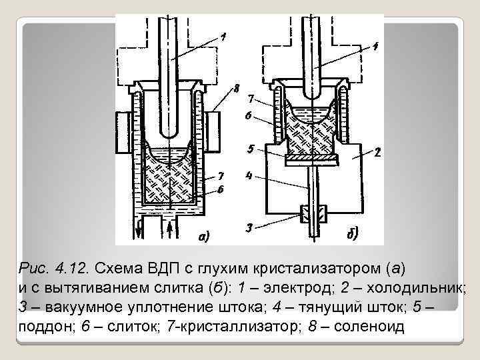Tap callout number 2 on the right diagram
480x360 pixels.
[x=377, y=152]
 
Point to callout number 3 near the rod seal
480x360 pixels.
[x=249, y=228]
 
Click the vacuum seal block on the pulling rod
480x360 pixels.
[x=311, y=214]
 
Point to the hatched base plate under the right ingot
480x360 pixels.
[x=311, y=158]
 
